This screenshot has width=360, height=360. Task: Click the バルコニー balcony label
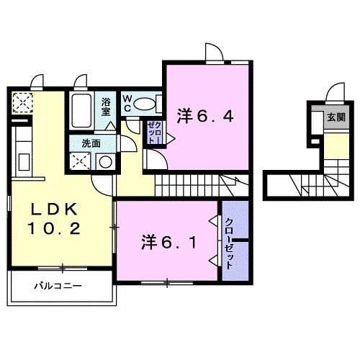coord(58,286)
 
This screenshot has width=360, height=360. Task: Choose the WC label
coord(127,102)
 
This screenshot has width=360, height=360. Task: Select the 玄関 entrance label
coord(335,117)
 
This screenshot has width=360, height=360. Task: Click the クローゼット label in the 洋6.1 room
coord(229,243)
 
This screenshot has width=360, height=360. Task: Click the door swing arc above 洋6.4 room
coord(214,53)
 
